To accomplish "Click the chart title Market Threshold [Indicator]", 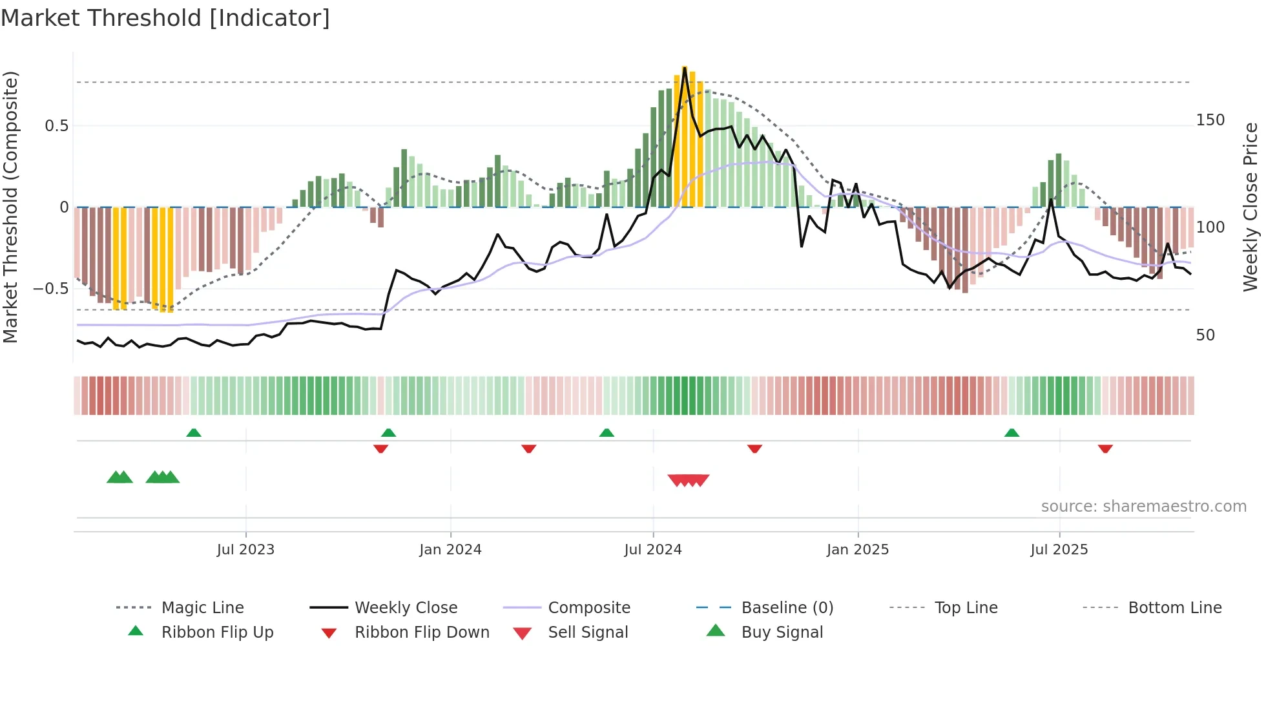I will (x=165, y=18).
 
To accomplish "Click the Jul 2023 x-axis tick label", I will (x=245, y=550).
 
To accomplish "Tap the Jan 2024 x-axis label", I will (x=450, y=550).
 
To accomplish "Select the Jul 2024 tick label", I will (x=653, y=550).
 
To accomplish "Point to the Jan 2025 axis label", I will (x=858, y=550).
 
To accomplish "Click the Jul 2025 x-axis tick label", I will (x=1059, y=550).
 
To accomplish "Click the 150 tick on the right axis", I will (x=1210, y=120).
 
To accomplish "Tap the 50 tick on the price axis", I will (x=1205, y=335).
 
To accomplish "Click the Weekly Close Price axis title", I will (x=1251, y=207).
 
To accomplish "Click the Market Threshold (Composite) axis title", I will (x=10, y=207).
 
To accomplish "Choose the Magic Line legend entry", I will (x=202, y=608).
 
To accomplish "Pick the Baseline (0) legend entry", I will (x=787, y=608).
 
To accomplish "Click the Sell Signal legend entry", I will (x=587, y=633).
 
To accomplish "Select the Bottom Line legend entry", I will (x=1174, y=608).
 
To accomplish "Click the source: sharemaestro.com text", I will (x=1143, y=507).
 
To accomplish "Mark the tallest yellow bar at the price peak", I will (x=685, y=136).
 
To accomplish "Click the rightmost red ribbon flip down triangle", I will (x=1105, y=448).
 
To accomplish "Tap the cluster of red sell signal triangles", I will (x=689, y=480).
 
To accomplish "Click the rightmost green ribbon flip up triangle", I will (x=1012, y=433).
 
